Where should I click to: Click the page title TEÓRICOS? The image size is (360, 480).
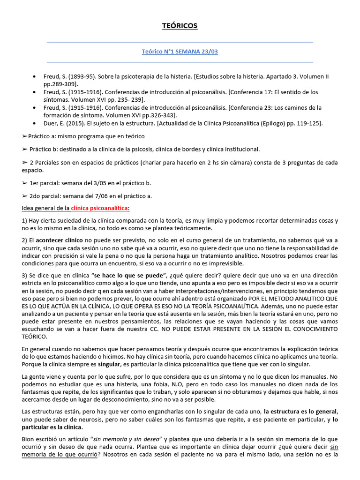[x=180, y=26]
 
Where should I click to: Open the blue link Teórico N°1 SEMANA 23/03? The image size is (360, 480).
[x=180, y=52]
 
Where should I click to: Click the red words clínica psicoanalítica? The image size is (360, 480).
[x=100, y=208]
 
